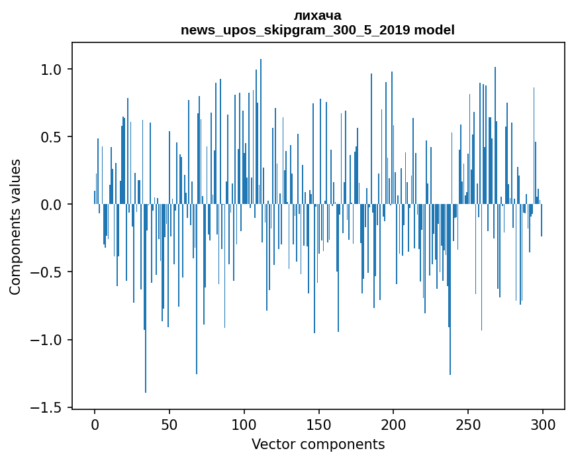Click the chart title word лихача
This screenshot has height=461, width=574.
(x=318, y=15)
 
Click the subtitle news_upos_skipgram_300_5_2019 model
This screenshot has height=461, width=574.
(x=318, y=30)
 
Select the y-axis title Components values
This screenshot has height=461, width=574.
(x=15, y=227)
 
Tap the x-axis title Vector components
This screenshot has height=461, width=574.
(x=318, y=444)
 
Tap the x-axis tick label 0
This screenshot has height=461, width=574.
(x=95, y=423)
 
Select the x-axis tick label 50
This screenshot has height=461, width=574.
(x=169, y=423)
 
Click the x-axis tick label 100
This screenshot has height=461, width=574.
(x=244, y=423)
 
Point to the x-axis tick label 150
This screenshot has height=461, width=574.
(x=319, y=423)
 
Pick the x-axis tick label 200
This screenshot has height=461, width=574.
(x=394, y=423)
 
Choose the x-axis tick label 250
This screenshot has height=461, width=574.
(x=469, y=423)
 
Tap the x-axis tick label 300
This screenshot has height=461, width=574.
(x=543, y=423)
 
